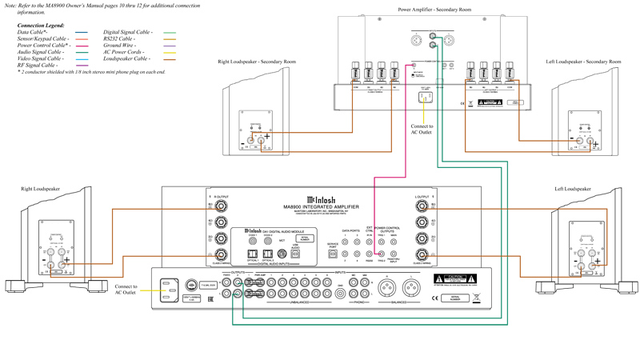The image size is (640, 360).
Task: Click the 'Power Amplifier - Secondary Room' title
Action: coord(434,10)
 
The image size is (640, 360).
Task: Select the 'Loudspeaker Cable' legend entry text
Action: coord(126,58)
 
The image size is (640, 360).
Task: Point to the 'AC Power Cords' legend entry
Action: coord(124,52)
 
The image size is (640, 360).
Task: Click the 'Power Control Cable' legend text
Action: coord(42,46)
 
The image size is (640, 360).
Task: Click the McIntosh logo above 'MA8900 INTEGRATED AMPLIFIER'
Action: coord(321,200)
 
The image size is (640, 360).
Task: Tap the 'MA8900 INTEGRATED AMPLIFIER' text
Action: coord(321,206)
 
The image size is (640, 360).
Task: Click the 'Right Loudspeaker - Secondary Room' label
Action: coord(256,62)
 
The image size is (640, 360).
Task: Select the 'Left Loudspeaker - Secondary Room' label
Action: coord(583,62)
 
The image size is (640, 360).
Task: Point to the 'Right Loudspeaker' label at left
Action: coord(40,189)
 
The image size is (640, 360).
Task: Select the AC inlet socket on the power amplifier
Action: coord(426,98)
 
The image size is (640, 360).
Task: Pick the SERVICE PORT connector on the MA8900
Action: coord(333,254)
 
